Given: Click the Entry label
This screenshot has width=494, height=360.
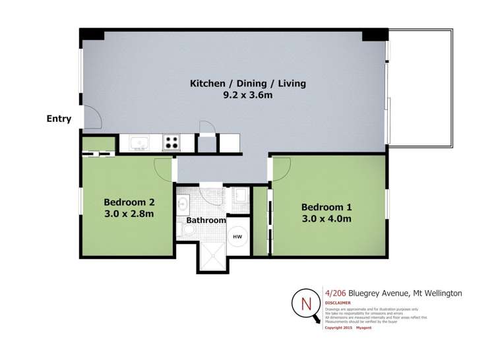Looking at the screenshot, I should pyautogui.click(x=59, y=119).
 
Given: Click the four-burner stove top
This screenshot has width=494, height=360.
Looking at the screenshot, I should pyautogui.click(x=171, y=142).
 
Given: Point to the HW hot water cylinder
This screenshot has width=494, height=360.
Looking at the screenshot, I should pyautogui.click(x=238, y=236).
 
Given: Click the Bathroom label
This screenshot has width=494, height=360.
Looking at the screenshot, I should pyautogui.click(x=205, y=220).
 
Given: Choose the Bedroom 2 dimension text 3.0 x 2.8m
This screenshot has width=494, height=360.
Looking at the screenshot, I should pyautogui.click(x=129, y=214).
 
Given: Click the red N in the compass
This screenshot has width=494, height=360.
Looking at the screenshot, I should pyautogui.click(x=305, y=304).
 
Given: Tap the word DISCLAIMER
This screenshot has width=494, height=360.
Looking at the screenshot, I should pyautogui.click(x=338, y=303).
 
